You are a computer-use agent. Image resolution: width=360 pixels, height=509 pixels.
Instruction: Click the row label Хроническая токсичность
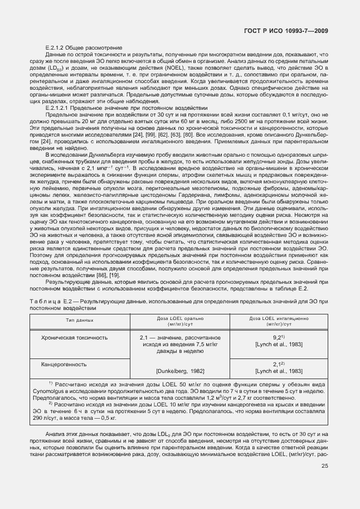coord(75,338)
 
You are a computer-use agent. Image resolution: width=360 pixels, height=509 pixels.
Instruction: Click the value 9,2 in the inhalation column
coord(278,338)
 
